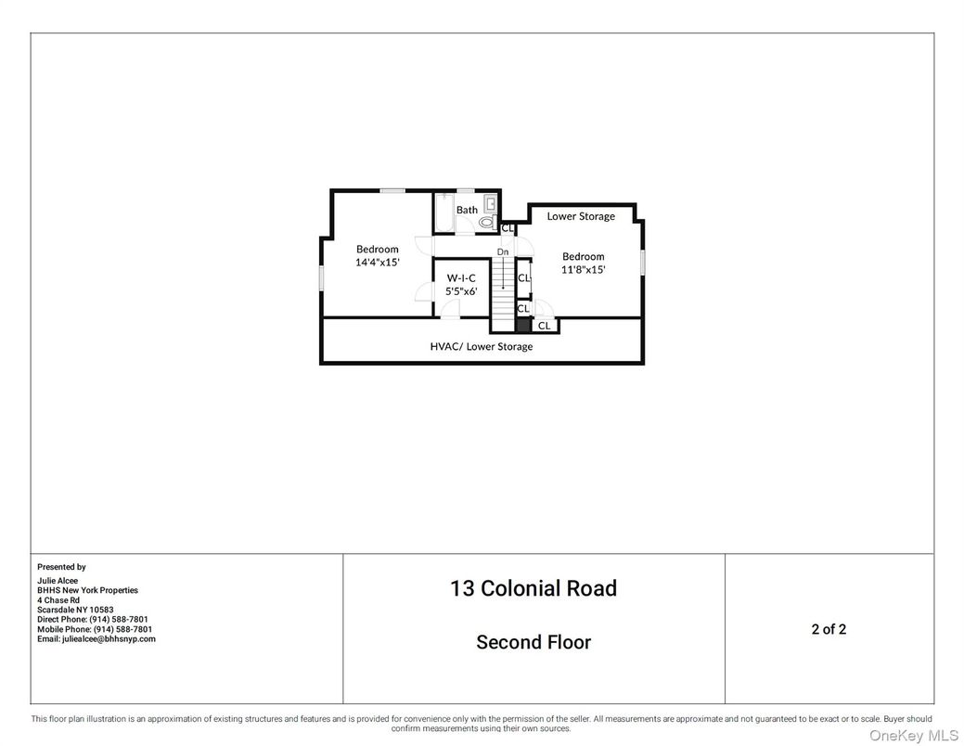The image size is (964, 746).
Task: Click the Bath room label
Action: pos(467,210)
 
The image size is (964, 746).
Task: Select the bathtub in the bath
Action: pos(443,212)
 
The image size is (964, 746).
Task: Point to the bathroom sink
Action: pos(491,203)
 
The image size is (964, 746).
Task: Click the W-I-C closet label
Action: pos(461,278)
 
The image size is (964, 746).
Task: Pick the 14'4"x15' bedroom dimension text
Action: pos(378,262)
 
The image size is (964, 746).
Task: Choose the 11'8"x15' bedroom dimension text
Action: pos(583,269)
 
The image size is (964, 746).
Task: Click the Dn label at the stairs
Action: pos(503,252)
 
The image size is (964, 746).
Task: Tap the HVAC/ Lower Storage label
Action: pos(482,346)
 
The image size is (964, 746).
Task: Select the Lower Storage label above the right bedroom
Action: pos(581,216)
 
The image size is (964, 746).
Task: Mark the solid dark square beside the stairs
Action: pos(523,326)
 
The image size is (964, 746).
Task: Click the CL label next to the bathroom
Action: pos(508,228)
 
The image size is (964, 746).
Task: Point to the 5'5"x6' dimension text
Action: pos(461,291)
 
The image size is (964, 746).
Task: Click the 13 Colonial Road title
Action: pos(533,588)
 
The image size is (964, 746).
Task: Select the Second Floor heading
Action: pos(533,642)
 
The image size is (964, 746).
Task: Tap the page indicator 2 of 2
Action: pos(829,629)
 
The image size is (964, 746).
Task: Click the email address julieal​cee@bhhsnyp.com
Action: pos(96,639)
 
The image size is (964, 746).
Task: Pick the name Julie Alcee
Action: pos(58,581)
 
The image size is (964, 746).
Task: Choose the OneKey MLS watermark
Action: pos(914,736)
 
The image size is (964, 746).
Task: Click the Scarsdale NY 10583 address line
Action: pos(75,611)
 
